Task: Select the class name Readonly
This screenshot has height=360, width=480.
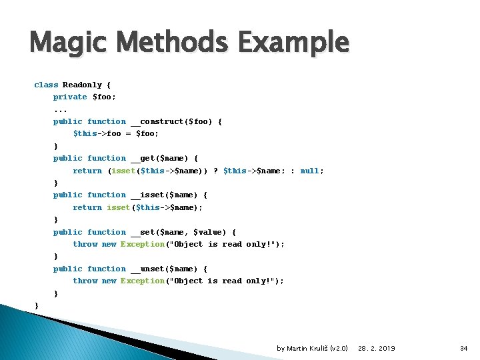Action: pos(82,85)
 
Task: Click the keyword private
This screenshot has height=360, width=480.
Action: pos(70,97)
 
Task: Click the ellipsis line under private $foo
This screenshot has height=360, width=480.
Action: pos(60,109)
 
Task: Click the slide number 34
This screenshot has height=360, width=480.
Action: pos(464,348)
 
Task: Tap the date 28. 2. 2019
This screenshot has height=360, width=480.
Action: pos(376,348)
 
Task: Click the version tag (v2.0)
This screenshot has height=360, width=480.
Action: pos(338,348)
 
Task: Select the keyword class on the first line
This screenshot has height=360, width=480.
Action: pos(46,85)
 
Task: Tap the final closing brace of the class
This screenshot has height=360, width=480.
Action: pos(36,305)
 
